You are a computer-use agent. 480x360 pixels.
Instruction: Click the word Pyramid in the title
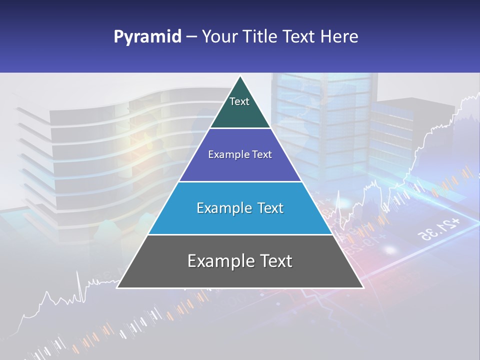[147, 37]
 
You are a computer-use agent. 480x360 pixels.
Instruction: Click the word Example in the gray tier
[217, 261]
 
